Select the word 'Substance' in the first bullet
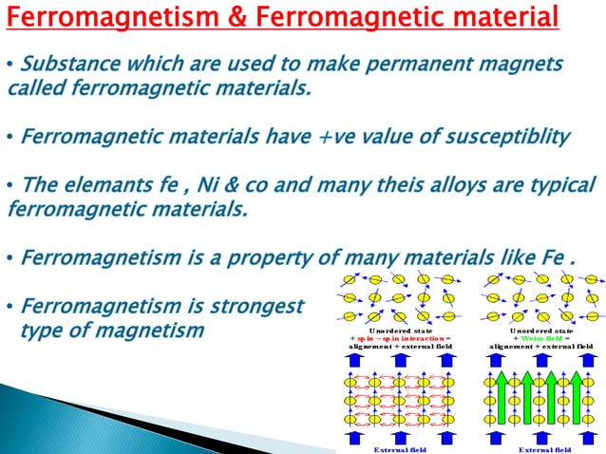pos(66,66)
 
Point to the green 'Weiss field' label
pos(539,338)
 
